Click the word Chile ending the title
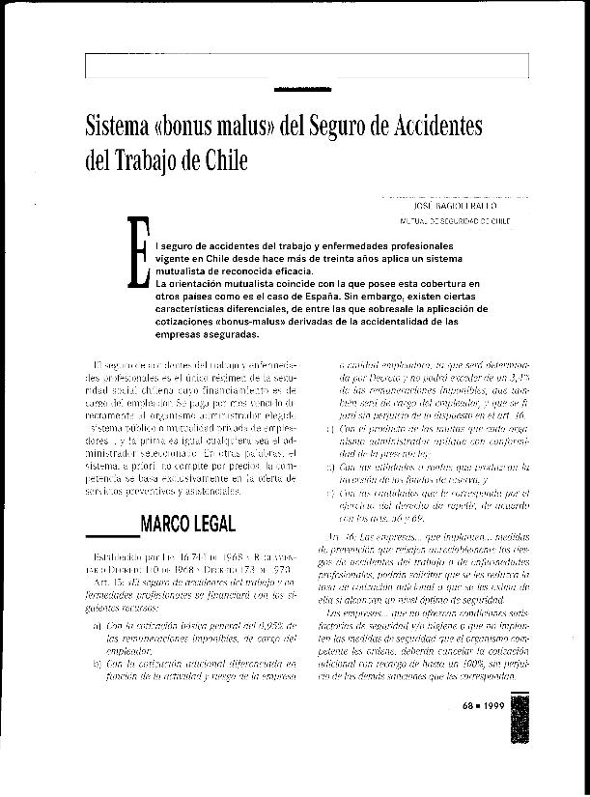(x=228, y=157)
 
